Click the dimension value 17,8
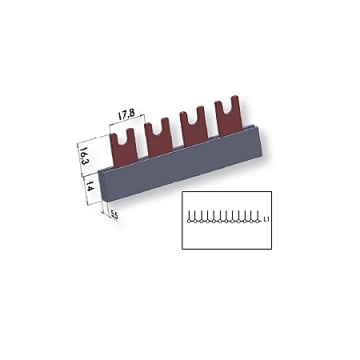(126, 114)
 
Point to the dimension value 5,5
(114, 215)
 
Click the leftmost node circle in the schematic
(188, 221)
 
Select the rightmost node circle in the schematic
(254, 221)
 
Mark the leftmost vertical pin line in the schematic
(189, 214)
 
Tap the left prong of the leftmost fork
(114, 137)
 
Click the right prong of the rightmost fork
(236, 103)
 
